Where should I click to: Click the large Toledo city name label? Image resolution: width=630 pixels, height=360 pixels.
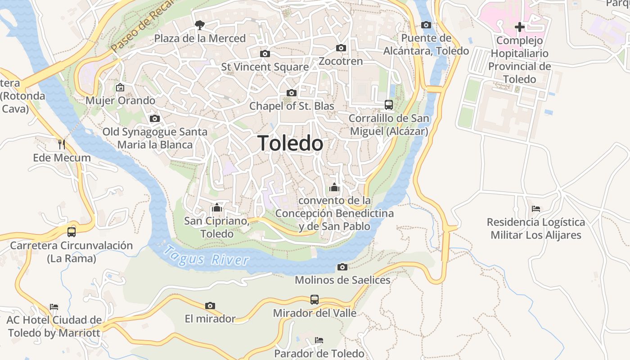coord(291,144)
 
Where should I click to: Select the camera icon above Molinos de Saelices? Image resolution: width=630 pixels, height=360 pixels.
coord(342,267)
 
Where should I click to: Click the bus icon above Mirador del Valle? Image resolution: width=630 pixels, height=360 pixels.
coord(315,300)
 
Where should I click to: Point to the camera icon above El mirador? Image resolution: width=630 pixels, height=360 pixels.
coord(210,306)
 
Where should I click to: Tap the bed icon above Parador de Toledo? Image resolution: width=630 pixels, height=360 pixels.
coord(319,340)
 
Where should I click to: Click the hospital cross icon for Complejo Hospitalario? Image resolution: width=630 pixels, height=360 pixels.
coord(520,27)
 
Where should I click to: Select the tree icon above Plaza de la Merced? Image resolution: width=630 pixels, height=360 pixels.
coord(199,25)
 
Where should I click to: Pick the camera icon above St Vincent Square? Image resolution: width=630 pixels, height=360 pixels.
coord(265,54)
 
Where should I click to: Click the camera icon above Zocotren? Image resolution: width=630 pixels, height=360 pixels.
coord(341,48)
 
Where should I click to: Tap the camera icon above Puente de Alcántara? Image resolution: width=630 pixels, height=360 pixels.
coord(426,25)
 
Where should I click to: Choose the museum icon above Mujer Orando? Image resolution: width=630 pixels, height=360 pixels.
coord(120,87)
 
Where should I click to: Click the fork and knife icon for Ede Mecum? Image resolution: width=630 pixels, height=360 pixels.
coord(62,144)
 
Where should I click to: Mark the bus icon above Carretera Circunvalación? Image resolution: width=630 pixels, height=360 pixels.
coord(72,232)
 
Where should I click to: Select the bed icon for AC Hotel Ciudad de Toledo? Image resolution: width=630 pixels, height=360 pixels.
coord(54,307)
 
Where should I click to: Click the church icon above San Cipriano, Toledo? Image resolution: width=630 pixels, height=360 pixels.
coord(217,207)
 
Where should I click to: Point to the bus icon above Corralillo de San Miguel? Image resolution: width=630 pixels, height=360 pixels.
coord(389,105)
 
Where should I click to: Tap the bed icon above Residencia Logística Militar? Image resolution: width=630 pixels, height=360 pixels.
coord(535,209)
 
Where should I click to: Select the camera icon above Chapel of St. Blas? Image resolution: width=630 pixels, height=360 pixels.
coord(292,93)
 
